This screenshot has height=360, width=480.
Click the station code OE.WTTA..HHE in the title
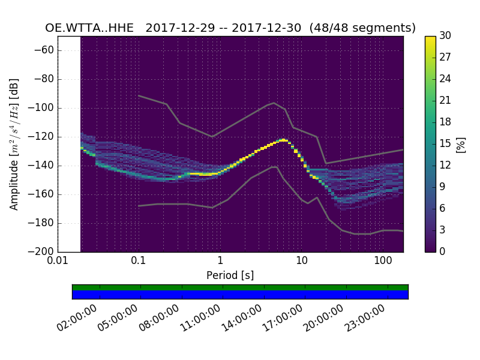(89, 28)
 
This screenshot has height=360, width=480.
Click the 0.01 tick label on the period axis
(58, 262)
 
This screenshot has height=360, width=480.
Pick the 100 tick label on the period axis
(382, 262)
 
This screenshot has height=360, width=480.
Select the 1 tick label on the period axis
(220, 262)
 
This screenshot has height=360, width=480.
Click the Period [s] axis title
(230, 275)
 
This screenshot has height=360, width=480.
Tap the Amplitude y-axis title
(14, 144)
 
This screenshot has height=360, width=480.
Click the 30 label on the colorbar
(446, 36)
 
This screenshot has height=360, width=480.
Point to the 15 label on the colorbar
(446, 144)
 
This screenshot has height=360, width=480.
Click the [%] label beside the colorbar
(461, 144)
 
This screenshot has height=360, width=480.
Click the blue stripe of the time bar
(240, 295)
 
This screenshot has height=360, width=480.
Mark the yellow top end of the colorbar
(430, 38)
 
